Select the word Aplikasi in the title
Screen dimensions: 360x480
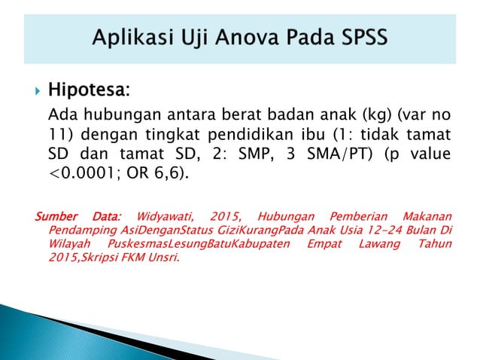tap(129, 35)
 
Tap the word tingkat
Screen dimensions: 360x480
tap(184, 135)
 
